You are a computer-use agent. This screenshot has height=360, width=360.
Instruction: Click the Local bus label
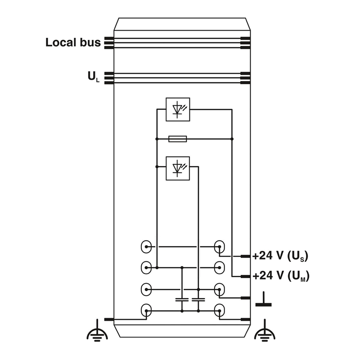73,43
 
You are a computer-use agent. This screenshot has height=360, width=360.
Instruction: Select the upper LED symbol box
178,109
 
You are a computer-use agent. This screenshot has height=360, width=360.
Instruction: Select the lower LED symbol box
178,168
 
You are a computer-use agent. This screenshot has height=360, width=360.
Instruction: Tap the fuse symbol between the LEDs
178,139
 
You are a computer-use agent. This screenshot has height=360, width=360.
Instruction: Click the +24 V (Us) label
280,256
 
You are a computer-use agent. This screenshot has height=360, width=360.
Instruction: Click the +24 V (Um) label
281,276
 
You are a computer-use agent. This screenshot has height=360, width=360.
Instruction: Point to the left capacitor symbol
182,298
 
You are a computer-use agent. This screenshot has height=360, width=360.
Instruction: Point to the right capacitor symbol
198,298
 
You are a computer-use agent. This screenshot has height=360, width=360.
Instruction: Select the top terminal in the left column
146,247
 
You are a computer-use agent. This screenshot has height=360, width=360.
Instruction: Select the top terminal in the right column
220,247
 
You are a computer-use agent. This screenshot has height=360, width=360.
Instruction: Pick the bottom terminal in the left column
146,310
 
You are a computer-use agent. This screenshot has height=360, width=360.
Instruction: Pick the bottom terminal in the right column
220,310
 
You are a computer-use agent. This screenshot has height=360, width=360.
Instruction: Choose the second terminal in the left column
146,267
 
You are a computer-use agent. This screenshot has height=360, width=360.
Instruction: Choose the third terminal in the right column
220,288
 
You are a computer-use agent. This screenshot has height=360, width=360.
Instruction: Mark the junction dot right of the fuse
232,139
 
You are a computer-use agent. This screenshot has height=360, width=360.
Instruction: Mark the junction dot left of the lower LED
157,167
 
